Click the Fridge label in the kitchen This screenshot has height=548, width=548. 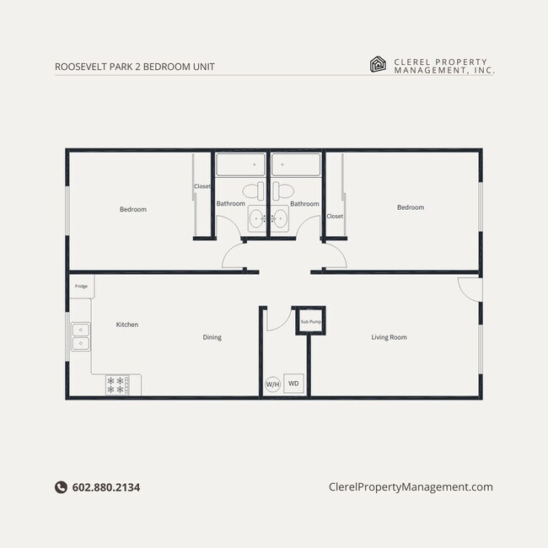coord(81,286)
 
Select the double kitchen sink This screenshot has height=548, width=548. coord(81,336)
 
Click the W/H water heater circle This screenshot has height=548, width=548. coord(272,384)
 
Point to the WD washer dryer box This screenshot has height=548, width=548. coord(293,384)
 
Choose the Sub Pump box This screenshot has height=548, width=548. coord(310,321)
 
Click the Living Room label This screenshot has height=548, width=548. coord(389,337)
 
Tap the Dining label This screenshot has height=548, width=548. coord(212,337)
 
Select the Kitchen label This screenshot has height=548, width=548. coord(127,325)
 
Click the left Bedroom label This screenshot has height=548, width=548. coord(132,209)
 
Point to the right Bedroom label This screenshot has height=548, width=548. coord(411,207)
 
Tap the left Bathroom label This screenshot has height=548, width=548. coord(230,203)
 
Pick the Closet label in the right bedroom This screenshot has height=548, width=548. coord(335,216)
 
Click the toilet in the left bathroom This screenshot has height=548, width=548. coord(252,191)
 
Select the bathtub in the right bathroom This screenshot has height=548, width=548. coord(296,164)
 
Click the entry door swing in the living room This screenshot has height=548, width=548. coord(469,288)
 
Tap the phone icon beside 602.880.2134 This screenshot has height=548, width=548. coord(61,486)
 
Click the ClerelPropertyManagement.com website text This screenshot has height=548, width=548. coord(410,486)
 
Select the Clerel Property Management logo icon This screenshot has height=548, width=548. coord(379,64)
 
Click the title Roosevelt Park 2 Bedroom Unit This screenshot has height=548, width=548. coord(128,67)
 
